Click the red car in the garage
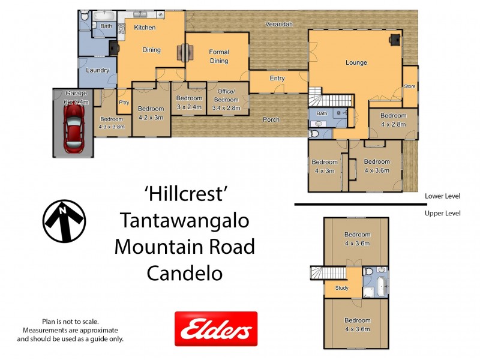coord(74,133)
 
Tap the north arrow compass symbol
coord(64,221)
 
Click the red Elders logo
coord(215,329)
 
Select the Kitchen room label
coord(145,28)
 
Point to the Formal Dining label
coord(218,56)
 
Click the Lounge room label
coord(356,62)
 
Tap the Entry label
coord(277,79)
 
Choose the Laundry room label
coord(97,70)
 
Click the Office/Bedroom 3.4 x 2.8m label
coord(226,104)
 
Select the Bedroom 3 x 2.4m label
coord(190,103)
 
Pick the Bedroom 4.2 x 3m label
coord(151,113)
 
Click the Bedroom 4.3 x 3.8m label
coord(112,122)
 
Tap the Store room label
coord(409,86)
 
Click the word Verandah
coord(280,24)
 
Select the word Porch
coord(271,119)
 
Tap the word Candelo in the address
coord(185,273)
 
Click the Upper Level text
coord(442,213)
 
